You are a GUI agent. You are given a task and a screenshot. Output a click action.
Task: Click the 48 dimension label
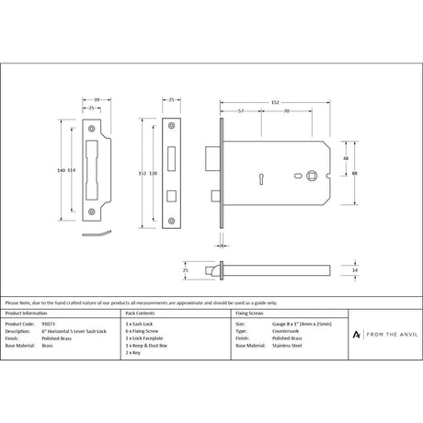point(346,158)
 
